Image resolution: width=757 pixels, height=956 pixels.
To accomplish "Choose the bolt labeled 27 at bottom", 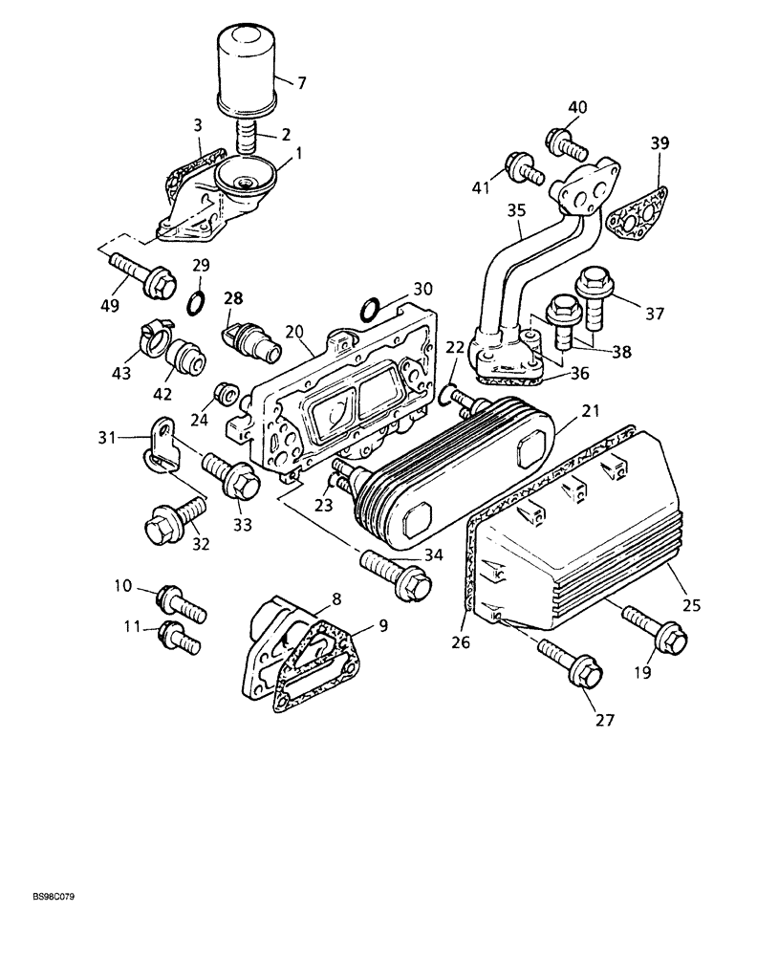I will tap(570, 665).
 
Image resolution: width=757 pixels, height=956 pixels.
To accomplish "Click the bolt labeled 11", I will tap(180, 635).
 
